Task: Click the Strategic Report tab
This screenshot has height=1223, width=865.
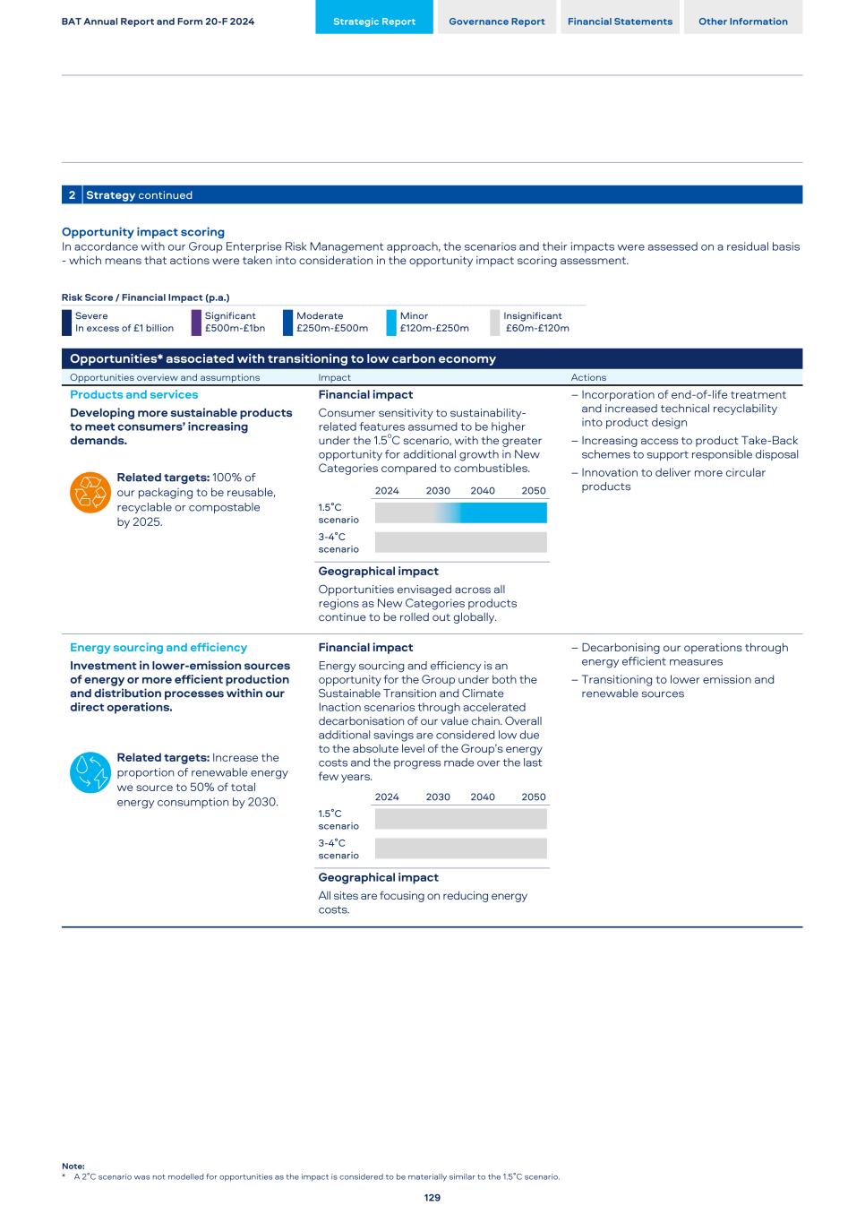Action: tap(374, 22)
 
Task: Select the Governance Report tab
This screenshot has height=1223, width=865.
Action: tap(497, 22)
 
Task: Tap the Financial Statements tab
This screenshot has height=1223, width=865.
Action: tap(620, 22)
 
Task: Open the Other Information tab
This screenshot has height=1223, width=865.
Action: tap(743, 22)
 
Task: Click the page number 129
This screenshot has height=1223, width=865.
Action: tap(432, 1197)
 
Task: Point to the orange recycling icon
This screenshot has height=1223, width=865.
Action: tap(90, 492)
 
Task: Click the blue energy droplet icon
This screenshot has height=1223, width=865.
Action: tap(90, 772)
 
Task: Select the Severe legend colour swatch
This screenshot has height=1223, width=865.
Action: tap(66, 323)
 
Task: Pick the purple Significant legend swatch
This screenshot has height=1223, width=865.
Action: tap(196, 323)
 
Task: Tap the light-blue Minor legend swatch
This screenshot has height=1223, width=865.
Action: tap(391, 323)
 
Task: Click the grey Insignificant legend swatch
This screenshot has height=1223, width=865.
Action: tap(495, 323)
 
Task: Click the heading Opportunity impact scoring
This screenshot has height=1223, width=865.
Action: tap(143, 232)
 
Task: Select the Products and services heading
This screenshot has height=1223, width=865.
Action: tap(134, 394)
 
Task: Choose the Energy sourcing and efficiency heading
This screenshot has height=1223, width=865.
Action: tap(158, 648)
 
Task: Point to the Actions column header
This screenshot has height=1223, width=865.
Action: tap(588, 377)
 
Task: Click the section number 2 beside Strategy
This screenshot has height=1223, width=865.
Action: tap(72, 195)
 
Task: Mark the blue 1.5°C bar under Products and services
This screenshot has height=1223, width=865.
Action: tap(503, 512)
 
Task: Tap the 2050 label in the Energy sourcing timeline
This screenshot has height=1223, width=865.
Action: tap(534, 797)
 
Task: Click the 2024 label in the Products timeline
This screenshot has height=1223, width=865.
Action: tap(387, 490)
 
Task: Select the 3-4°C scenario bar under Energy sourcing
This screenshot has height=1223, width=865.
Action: tap(460, 848)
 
